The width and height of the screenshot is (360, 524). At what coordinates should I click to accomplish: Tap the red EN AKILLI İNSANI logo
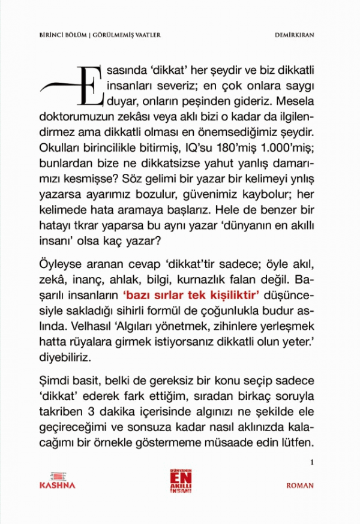pyautogui.click(x=180, y=479)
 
